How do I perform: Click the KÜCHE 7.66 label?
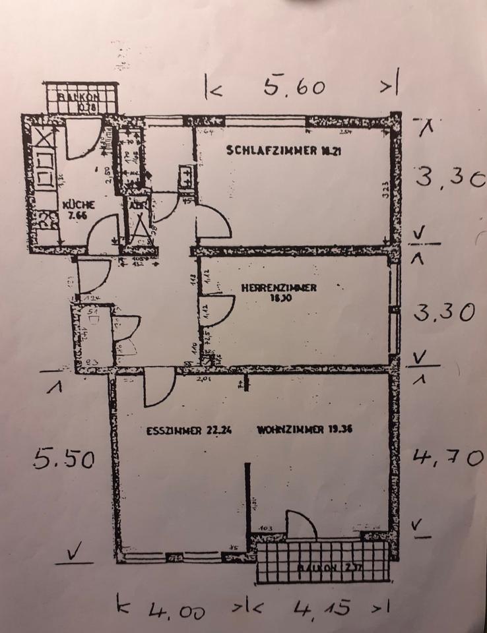[x=79, y=209]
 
